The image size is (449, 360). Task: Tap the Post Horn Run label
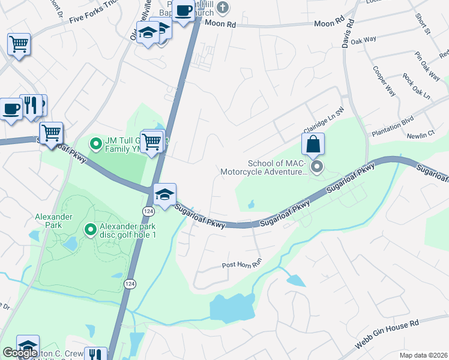click(x=243, y=264)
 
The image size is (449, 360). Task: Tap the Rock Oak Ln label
click(x=417, y=86)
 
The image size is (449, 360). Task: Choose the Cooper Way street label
click(x=384, y=82)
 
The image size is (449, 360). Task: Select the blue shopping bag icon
click(x=313, y=144)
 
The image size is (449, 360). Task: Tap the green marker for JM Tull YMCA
click(x=95, y=143)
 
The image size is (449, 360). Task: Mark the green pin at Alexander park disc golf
click(x=90, y=230)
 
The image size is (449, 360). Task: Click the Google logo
click(x=20, y=353)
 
